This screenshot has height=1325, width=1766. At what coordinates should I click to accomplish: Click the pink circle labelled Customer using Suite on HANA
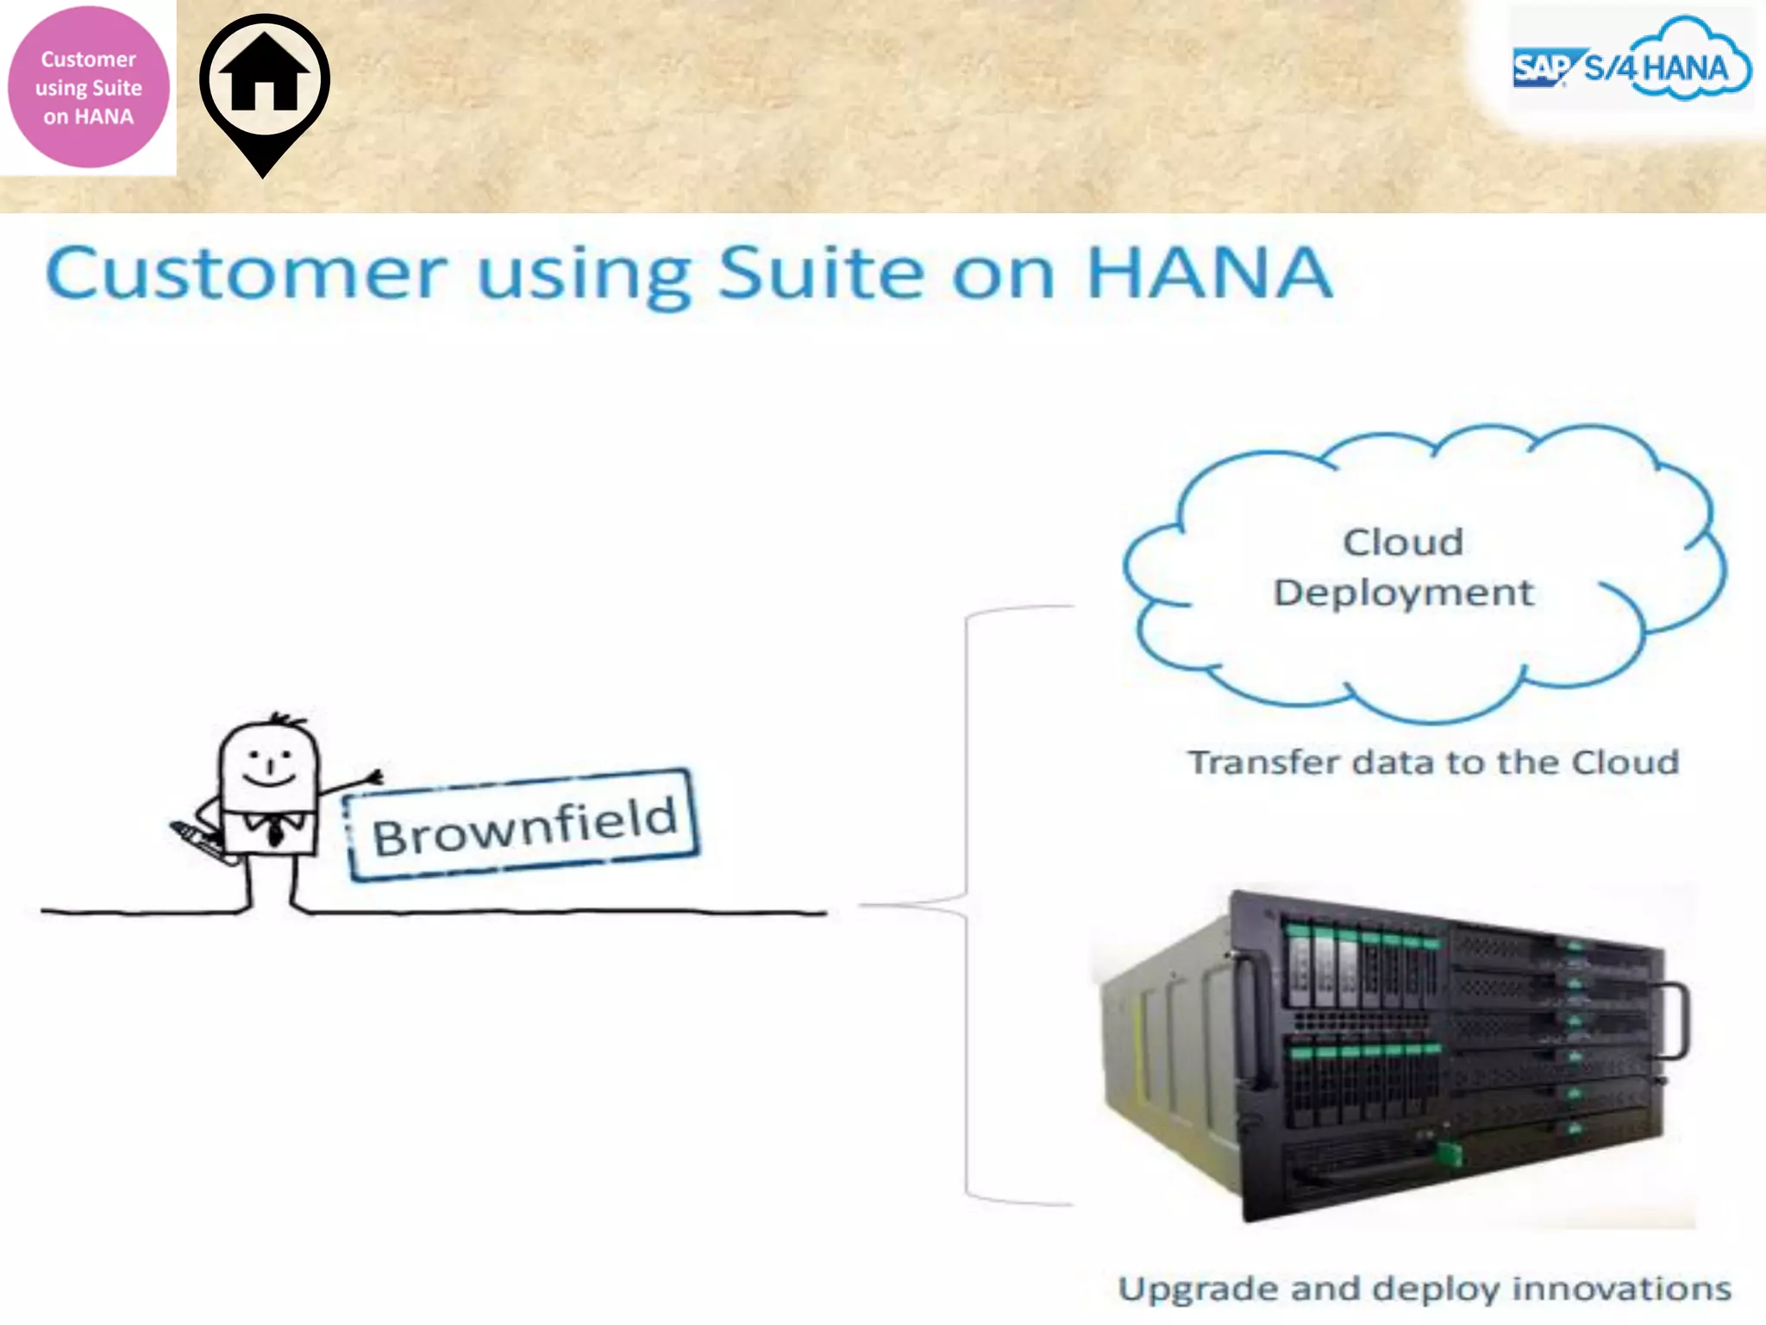pos(88,87)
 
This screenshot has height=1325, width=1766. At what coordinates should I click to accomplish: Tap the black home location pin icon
pos(264,82)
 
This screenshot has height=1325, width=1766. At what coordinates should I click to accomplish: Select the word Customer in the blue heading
pos(247,273)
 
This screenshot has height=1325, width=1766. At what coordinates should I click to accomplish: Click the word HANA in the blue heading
pos(1209,273)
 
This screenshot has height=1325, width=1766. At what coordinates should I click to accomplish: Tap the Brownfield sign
pos(523,826)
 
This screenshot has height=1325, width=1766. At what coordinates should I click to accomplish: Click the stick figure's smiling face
pos(269,764)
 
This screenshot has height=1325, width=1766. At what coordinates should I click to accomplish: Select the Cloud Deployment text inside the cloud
pos(1403,568)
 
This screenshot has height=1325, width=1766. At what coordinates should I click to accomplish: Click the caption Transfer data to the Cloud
pos(1433,763)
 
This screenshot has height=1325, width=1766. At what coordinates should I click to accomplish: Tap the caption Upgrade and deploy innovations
pos(1425,1289)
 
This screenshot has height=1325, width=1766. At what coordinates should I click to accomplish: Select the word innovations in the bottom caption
pos(1621,1289)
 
